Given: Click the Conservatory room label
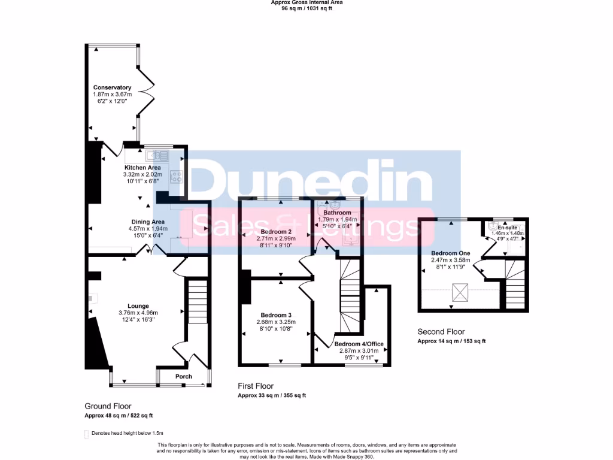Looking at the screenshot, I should (112, 87).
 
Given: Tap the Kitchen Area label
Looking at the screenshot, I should (142, 167).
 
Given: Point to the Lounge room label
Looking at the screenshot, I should (137, 306).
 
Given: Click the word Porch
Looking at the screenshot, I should (184, 377).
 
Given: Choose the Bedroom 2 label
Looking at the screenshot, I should (277, 232).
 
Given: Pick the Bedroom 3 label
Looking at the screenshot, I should (276, 315).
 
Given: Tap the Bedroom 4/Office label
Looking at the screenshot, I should (359, 344).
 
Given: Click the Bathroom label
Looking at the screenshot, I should (337, 213).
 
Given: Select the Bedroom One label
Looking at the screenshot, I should (450, 253).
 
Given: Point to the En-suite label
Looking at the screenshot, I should (508, 228).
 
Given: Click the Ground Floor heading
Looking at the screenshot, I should (108, 406).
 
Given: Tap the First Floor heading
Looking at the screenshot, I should (256, 386).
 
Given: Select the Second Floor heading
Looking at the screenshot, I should (441, 332).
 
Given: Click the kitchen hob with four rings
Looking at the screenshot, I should (177, 176).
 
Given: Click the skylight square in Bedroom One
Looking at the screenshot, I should (460, 293).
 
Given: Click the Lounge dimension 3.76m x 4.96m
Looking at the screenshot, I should (137, 313).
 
